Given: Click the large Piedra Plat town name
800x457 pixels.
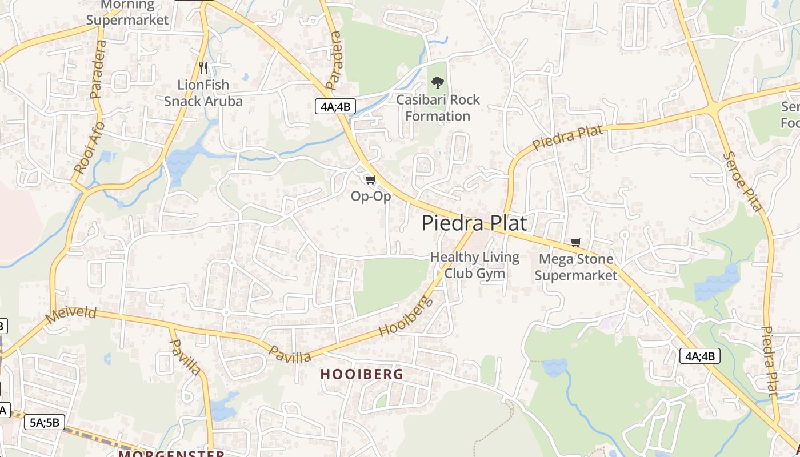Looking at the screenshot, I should tap(474, 223).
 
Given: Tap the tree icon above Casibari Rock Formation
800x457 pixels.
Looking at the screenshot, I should tap(438, 83).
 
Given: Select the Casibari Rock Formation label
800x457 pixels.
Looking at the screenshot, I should tap(438, 108).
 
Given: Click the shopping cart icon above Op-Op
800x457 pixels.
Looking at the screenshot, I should tap(371, 180).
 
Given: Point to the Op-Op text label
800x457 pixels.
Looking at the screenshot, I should tap(371, 197).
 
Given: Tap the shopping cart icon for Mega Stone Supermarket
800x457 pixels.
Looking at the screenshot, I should tap(575, 243).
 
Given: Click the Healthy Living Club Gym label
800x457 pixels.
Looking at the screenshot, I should tap(474, 265).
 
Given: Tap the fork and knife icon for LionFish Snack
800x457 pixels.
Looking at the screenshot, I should tap(203, 68).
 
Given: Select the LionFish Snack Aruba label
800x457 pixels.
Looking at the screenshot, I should tap(203, 93).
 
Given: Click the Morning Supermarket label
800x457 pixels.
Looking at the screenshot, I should tap(128, 13).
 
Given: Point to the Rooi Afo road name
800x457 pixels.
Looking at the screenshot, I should tap(90, 147).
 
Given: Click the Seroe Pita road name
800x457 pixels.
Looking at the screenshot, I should tap(742, 181).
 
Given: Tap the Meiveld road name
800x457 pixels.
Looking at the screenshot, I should tap(71, 315).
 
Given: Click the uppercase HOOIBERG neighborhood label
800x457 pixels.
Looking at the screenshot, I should tap(362, 374).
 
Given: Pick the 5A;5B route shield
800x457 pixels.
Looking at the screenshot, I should tap(45, 423).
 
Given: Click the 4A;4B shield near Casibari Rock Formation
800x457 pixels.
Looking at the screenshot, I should tap(335, 106).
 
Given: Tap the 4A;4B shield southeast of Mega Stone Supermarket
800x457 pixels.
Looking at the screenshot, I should tap(699, 356).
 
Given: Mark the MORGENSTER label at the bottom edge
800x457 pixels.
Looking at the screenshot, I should tap(171, 454).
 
